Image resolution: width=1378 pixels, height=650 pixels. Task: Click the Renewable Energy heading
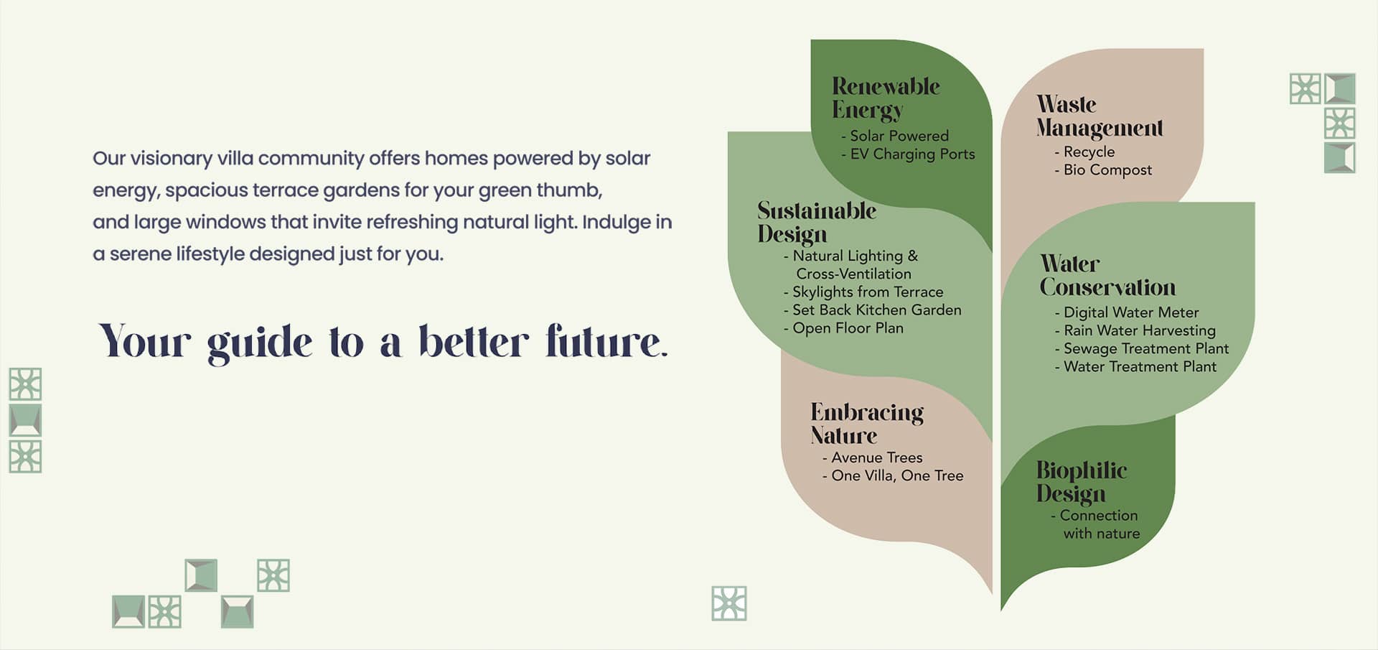886,98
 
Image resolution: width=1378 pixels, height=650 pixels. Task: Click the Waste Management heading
1100,116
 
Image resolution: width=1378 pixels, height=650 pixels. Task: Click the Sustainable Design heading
817,222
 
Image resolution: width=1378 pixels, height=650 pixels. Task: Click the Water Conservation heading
1107,276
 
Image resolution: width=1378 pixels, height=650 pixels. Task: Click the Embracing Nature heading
867,424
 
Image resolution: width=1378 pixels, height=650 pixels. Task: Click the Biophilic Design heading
1082,482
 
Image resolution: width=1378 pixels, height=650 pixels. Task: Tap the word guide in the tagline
260,343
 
